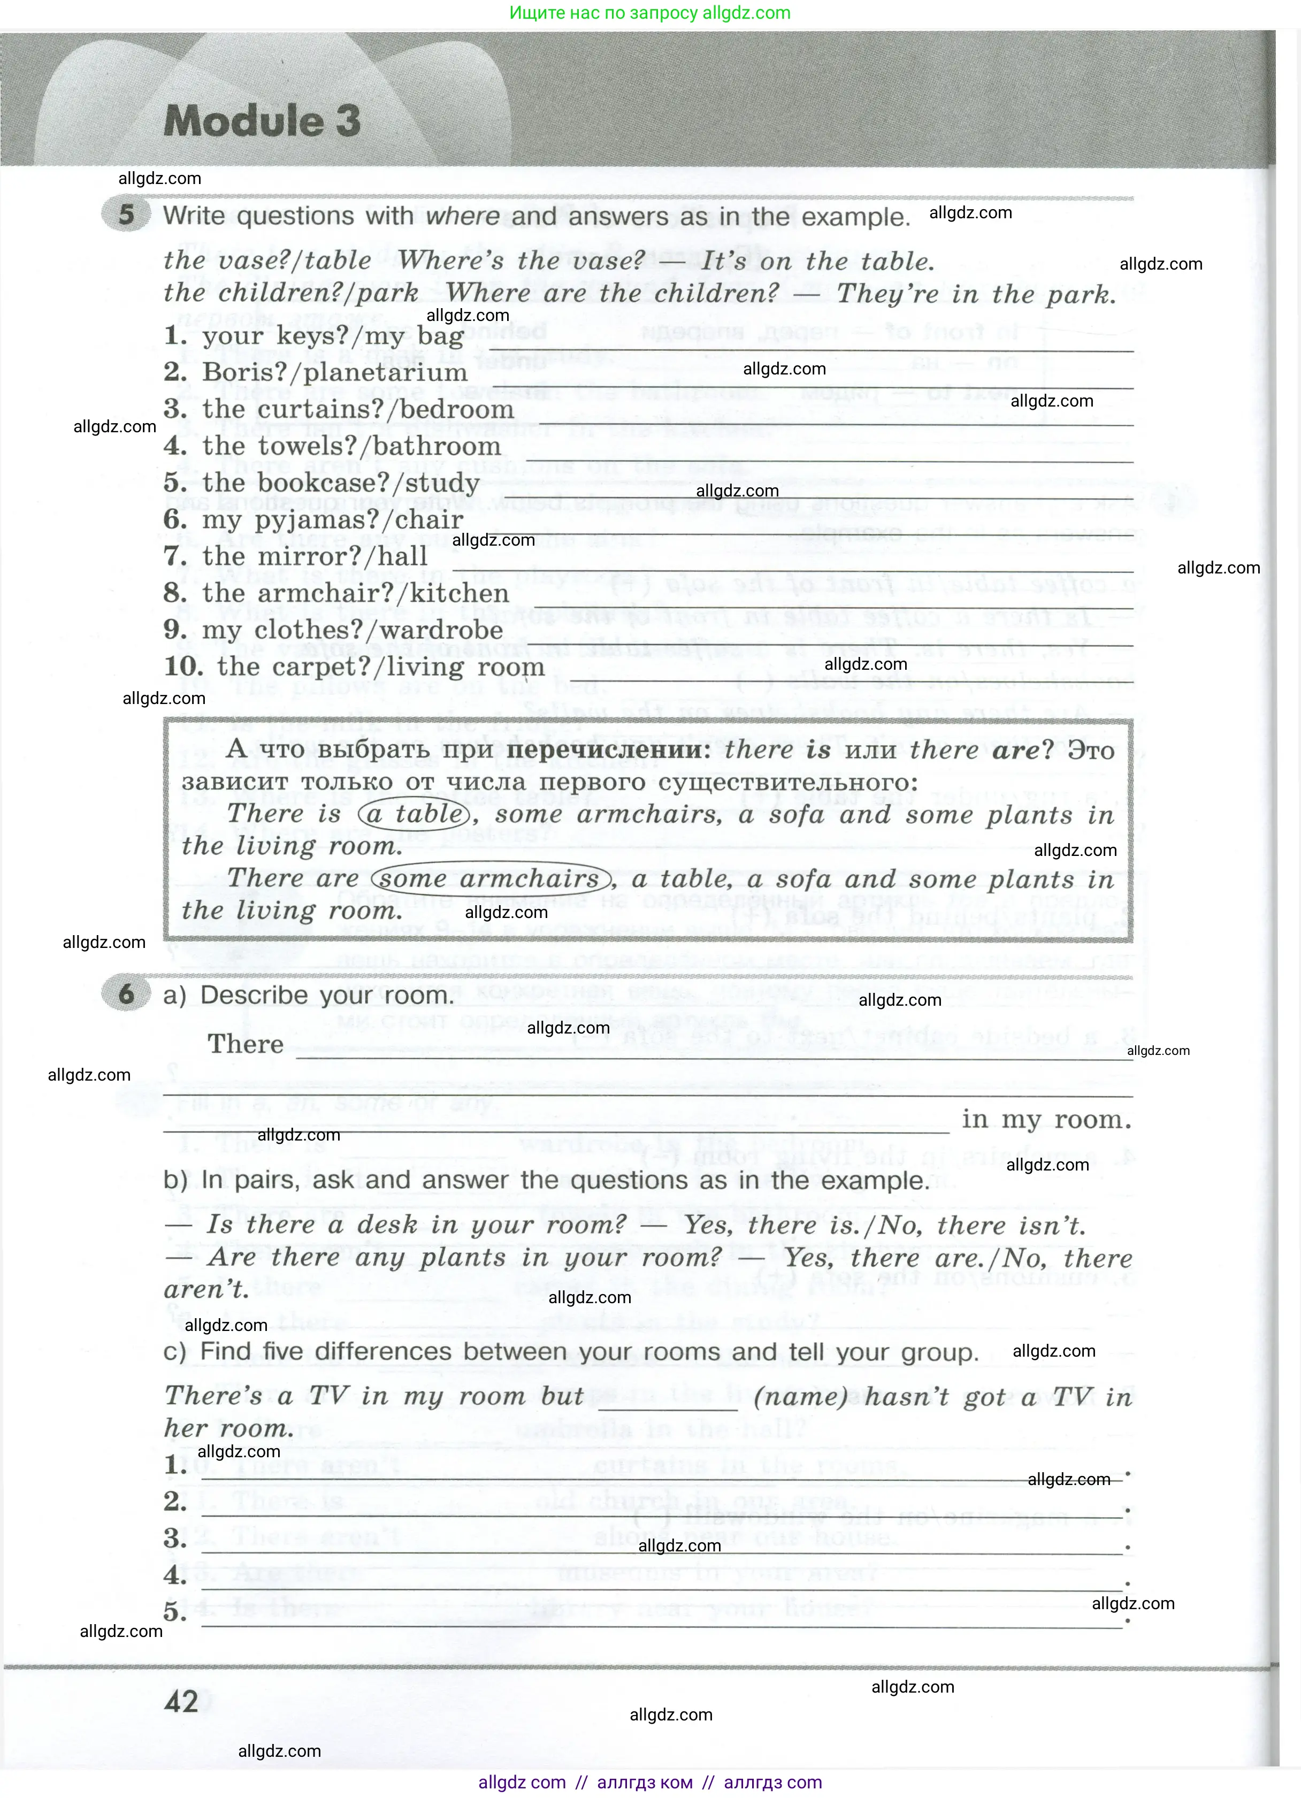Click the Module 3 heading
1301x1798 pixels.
[x=262, y=121]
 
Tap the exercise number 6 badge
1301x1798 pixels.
[x=126, y=993]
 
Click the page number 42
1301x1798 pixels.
[x=181, y=1701]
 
